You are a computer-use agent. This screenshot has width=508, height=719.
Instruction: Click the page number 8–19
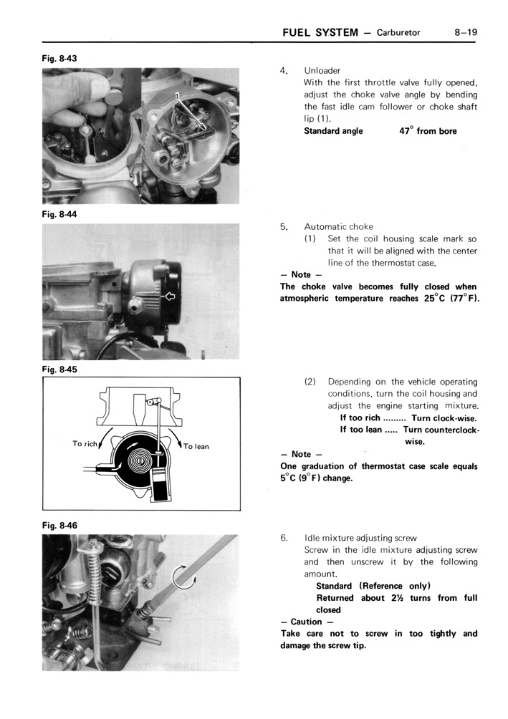click(465, 32)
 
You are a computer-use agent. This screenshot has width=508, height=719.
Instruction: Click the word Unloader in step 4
click(322, 71)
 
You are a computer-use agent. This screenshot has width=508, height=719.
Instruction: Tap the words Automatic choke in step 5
click(338, 226)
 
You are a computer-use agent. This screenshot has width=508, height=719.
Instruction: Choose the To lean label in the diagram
click(196, 446)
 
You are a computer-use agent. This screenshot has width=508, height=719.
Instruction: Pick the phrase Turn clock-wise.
click(444, 418)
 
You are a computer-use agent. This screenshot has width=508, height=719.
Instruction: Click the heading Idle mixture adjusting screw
click(360, 538)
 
